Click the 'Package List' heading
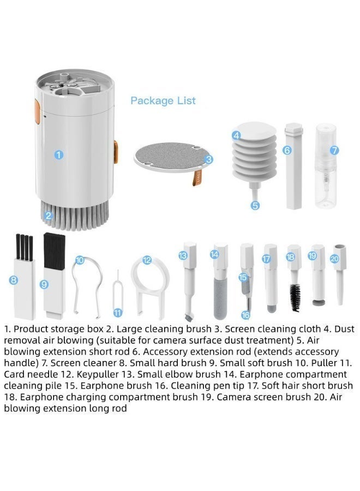tap(163, 101)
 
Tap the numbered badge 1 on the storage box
tap(58, 155)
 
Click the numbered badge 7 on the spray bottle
tap(335, 151)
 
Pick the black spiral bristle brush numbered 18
tap(295, 297)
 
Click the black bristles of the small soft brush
tap(55, 250)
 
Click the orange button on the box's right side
tap(116, 152)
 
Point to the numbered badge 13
tap(183, 255)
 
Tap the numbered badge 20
tap(335, 259)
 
